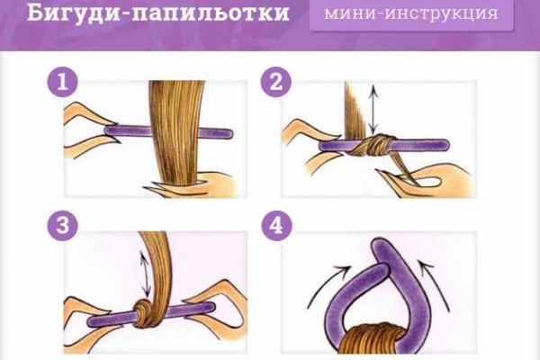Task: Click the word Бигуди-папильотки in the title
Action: coord(146,15)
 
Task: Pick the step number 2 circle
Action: coord(274,84)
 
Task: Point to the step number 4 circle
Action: coord(274,226)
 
